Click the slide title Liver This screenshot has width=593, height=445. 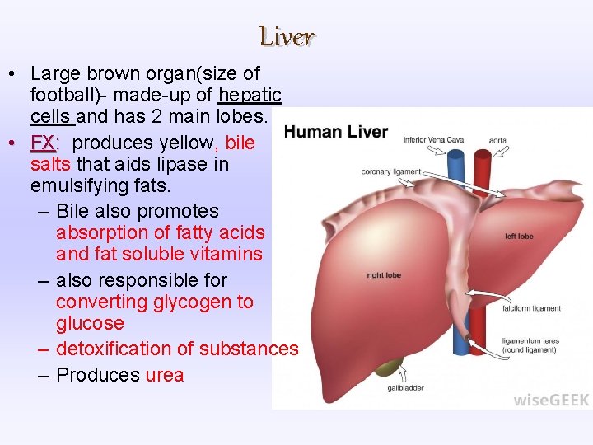[x=287, y=37]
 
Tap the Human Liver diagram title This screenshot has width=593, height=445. [x=335, y=132]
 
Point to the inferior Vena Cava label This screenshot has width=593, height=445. [x=433, y=139]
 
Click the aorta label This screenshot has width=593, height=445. [x=497, y=140]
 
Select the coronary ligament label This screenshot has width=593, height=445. [x=391, y=171]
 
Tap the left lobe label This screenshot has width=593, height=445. [x=519, y=237]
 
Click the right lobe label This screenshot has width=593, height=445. [x=384, y=275]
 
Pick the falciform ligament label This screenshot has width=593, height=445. [x=530, y=309]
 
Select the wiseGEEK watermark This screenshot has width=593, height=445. [x=551, y=400]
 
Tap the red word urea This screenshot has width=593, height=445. [x=165, y=375]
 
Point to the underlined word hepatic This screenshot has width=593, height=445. [x=250, y=95]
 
